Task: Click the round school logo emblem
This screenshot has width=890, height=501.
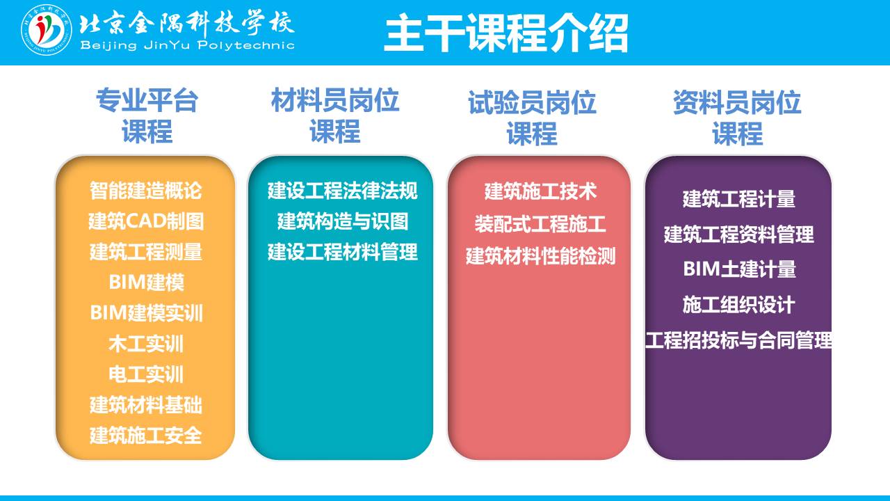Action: tap(47, 30)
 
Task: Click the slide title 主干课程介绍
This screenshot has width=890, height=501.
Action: tap(505, 33)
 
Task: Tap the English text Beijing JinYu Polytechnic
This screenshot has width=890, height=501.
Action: tap(187, 45)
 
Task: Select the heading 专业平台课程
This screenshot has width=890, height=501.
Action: tap(147, 116)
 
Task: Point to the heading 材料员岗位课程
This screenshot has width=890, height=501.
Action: tap(335, 116)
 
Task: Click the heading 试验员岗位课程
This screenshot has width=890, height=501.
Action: tap(532, 118)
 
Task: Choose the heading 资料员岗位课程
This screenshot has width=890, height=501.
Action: tap(737, 118)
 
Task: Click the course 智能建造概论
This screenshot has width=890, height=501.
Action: tap(146, 191)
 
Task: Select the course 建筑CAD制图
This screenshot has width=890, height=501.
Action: tap(146, 221)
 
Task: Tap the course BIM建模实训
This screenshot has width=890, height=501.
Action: tap(146, 313)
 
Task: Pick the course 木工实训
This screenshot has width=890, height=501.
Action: tap(146, 344)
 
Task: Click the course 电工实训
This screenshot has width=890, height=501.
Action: tap(146, 374)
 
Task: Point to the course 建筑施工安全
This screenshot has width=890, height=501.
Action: tap(146, 436)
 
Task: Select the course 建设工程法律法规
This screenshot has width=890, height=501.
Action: tap(343, 191)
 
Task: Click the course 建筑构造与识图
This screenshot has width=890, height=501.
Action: tap(343, 221)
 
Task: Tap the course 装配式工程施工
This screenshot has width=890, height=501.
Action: tap(540, 224)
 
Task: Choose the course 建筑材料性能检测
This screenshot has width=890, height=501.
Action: tap(540, 256)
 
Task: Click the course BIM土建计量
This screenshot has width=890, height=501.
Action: tap(739, 269)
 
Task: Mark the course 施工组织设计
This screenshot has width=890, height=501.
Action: tap(739, 305)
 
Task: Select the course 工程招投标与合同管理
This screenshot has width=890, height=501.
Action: tap(739, 340)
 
